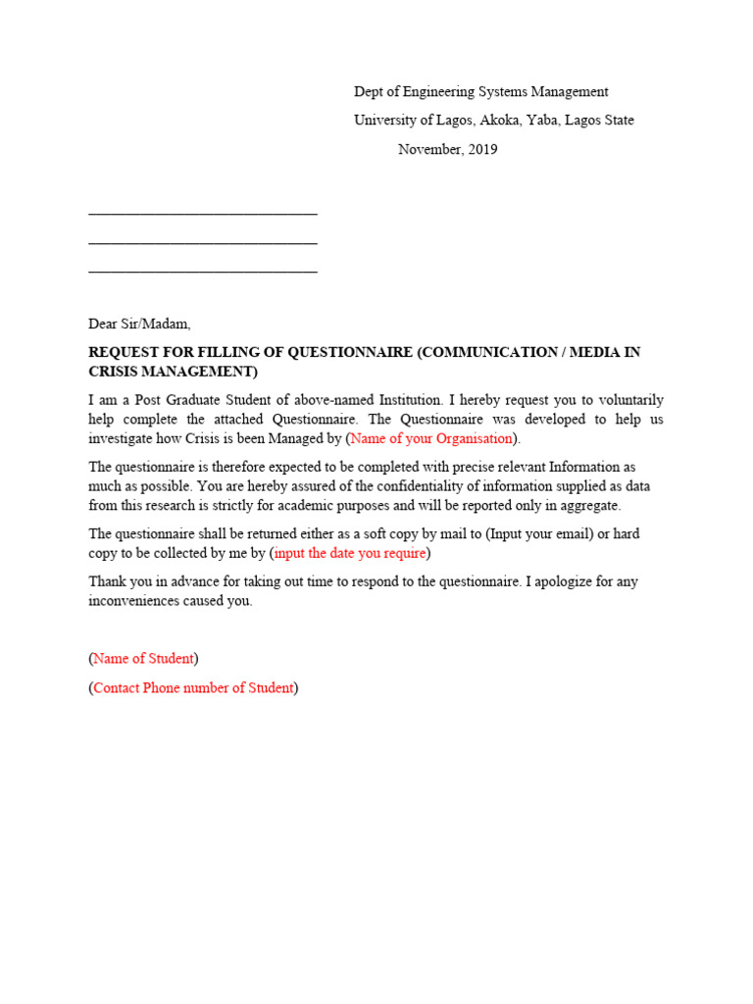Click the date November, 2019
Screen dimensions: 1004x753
[447, 150]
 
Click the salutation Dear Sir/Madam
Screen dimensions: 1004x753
[139, 324]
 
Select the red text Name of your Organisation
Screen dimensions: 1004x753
[431, 438]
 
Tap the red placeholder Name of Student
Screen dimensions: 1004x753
[144, 658]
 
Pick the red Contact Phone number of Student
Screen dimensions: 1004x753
[193, 687]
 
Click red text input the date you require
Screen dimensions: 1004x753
[350, 553]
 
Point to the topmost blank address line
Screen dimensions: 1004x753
[203, 212]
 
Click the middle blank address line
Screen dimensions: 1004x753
[203, 241]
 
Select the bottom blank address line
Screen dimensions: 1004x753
[203, 270]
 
